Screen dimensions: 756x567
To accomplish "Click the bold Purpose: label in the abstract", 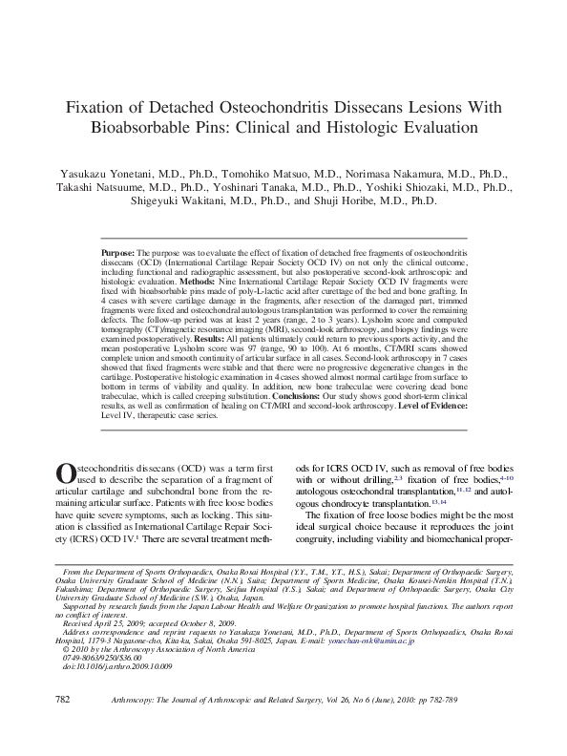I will click(119, 253).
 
